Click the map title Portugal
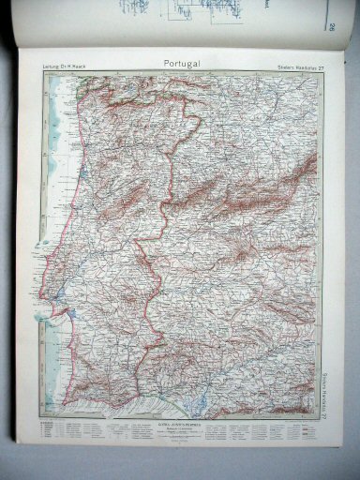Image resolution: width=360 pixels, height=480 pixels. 183,63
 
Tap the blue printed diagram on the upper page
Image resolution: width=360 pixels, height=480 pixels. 141,11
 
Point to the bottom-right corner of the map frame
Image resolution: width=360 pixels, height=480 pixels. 319,419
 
